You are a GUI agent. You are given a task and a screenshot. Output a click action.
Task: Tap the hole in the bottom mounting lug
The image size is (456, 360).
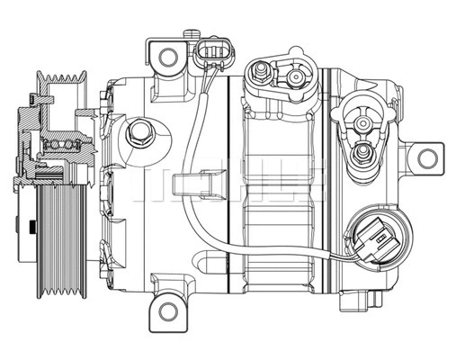point(168,311)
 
